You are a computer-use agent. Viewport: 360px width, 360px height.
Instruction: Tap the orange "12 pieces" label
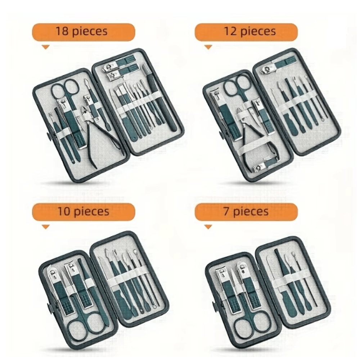pyautogui.click(x=246, y=31)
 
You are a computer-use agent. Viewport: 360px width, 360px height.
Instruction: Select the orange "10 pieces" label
pyautogui.click(x=83, y=211)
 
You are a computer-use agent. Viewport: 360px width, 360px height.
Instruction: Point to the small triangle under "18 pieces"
pyautogui.click(x=45, y=47)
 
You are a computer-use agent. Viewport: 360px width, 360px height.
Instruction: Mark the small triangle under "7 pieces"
pyautogui.click(x=208, y=227)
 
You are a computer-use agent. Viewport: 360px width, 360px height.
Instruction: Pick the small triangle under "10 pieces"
pyautogui.click(x=45, y=227)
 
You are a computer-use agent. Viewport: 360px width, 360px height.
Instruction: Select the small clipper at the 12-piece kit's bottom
pyautogui.click(x=266, y=166)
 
